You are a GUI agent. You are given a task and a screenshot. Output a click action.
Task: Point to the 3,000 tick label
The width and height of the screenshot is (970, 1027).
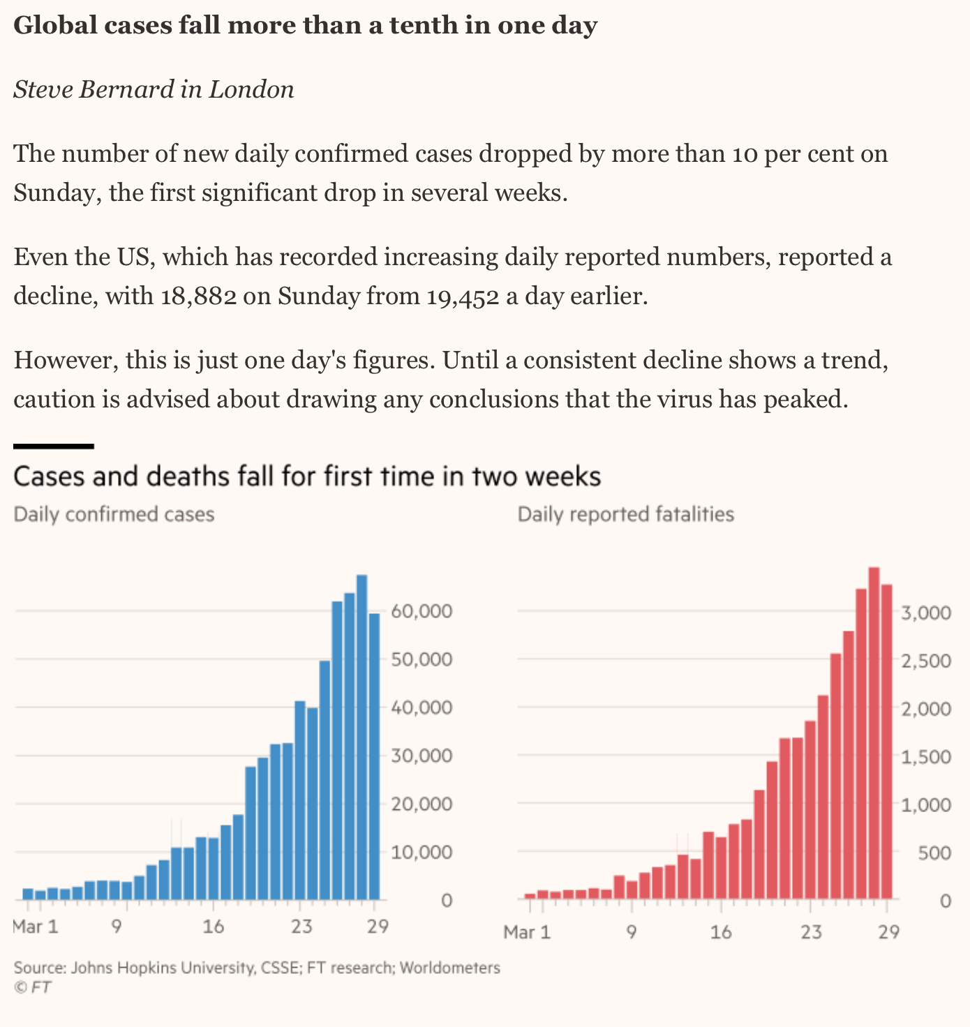(x=925, y=613)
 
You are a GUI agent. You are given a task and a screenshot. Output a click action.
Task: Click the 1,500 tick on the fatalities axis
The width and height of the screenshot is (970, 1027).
(x=925, y=758)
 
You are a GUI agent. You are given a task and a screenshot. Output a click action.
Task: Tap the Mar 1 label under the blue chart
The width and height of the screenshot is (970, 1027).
(x=36, y=927)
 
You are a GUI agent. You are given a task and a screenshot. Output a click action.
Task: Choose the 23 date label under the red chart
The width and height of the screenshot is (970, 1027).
(x=811, y=932)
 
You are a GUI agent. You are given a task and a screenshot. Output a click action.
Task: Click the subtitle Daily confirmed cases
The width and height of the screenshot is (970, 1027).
(x=114, y=515)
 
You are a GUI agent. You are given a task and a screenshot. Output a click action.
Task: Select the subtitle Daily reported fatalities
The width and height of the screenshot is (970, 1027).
(x=626, y=515)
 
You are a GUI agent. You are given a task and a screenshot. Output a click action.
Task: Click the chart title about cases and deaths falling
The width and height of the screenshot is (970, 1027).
(x=307, y=477)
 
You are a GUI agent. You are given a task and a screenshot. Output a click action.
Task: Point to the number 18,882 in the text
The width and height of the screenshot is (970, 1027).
(x=197, y=297)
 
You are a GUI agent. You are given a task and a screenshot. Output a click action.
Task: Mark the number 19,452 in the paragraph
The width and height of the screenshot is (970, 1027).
(x=461, y=297)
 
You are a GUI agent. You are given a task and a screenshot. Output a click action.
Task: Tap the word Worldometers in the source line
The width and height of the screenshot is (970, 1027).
(x=450, y=968)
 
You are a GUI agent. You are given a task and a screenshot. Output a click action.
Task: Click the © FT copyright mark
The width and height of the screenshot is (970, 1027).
(x=32, y=987)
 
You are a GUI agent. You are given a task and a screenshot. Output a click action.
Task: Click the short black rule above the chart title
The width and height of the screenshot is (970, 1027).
(x=54, y=446)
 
